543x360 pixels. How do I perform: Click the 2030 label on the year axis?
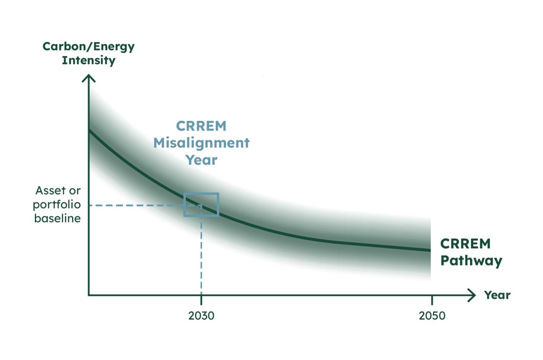tap(201, 316)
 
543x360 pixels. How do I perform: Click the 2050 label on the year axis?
tap(432, 316)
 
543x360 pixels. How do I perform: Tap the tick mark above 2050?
tap(432, 300)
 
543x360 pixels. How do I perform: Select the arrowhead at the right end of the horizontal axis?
tap(472, 295)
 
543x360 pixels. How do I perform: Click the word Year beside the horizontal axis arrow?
tap(497, 295)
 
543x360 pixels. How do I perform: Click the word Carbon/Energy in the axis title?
tap(88, 47)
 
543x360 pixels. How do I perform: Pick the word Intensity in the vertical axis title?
tap(88, 60)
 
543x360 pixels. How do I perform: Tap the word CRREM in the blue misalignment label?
tap(201, 126)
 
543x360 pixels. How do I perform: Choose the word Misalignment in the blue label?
tap(201, 143)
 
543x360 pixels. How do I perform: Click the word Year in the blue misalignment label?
tap(201, 160)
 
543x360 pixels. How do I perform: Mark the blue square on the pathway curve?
tap(201, 204)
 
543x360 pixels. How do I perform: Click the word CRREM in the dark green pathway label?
tap(465, 244)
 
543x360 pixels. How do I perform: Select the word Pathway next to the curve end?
tap(471, 260)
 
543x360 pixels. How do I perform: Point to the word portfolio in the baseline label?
tap(57, 205)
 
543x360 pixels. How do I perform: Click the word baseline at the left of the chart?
tap(57, 218)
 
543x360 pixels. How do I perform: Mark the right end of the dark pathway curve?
tap(429, 250)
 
